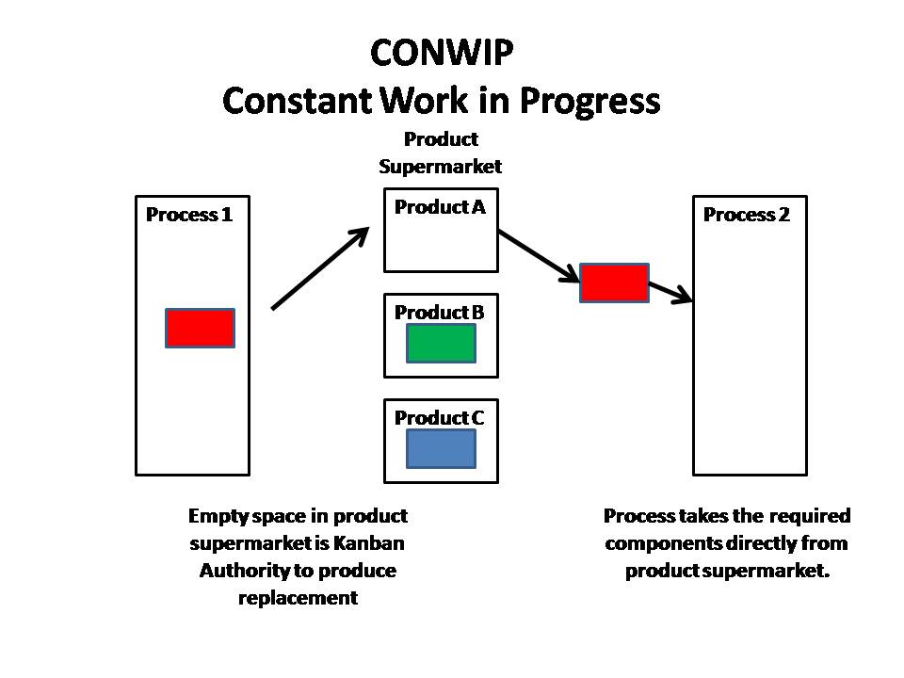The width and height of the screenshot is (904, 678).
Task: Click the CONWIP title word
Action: pos(442,53)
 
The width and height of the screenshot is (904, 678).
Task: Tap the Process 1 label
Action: pos(189,215)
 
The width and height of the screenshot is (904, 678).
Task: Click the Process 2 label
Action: pos(747,215)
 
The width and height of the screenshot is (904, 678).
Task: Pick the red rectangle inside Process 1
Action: pos(200,328)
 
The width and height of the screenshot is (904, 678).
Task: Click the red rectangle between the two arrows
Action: pos(614,282)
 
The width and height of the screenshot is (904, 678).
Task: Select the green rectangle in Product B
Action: pos(441,344)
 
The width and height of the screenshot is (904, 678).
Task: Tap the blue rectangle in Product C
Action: pos(441,448)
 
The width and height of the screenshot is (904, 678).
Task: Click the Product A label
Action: pos(440,207)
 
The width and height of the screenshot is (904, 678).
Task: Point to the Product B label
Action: pos(440,312)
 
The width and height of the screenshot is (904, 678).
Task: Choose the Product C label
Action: pos(440,417)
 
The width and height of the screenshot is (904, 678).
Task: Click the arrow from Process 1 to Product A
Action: pos(320,268)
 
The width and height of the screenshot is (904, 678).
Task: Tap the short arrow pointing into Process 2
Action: pos(670,291)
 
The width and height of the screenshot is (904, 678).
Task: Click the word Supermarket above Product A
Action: pos(441,167)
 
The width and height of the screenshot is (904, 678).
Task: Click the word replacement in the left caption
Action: pos(298,598)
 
